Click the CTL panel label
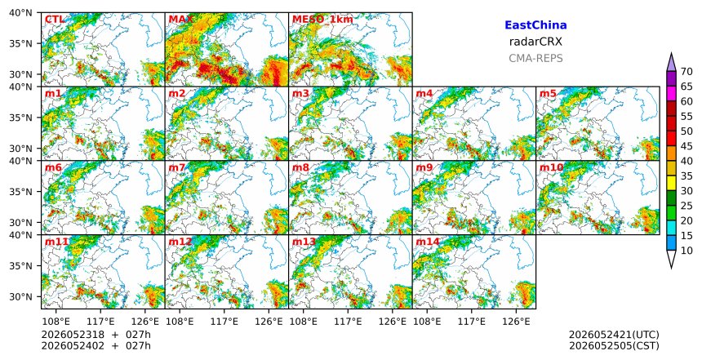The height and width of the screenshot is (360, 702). pos(55,20)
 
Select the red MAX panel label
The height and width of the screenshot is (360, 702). pos(181,20)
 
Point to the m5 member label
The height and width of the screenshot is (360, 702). pos(548,94)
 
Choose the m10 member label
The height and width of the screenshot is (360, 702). pos(551,168)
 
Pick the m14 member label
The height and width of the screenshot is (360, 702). pos(428,242)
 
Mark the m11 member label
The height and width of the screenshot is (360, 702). pos(56,242)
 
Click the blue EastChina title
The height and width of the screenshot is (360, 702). pos(535,25)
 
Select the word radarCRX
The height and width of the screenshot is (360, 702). pos(535,42)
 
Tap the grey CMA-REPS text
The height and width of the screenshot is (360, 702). pos(535,58)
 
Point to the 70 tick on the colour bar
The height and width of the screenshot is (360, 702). pos(686,72)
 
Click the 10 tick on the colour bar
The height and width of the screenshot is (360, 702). pos(686,251)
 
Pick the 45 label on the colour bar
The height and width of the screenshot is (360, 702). pos(686,146)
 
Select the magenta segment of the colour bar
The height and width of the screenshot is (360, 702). pos(671,94)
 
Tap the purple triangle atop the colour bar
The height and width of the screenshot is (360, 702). pos(671,63)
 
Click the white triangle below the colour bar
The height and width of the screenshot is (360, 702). pos(671,260)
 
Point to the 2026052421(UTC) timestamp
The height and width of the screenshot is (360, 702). pos(614,335)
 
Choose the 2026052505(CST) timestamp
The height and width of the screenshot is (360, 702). pos(614,346)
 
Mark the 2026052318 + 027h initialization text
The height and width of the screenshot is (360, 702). pos(96,335)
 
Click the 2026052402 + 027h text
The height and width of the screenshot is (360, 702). pos(96,346)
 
